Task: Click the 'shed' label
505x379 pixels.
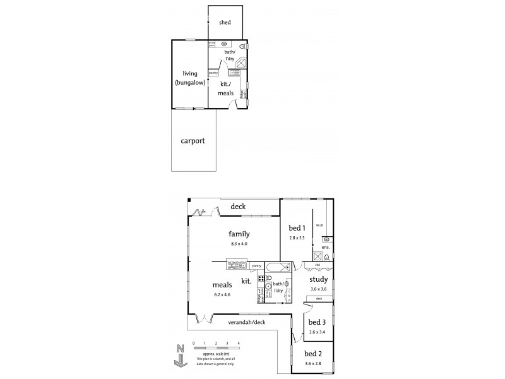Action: [225, 23]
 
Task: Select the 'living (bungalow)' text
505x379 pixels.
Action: [191, 77]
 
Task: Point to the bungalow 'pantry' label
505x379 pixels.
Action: [213, 73]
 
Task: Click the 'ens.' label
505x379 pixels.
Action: [326, 248]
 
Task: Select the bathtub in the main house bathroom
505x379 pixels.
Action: [276, 267]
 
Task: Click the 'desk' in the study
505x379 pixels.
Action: [319, 298]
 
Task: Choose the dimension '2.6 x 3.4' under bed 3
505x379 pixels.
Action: [318, 332]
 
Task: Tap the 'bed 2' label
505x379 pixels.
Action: [313, 354]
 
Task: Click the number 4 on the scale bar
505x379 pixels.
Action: [239, 343]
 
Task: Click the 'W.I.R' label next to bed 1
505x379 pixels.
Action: [319, 225]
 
